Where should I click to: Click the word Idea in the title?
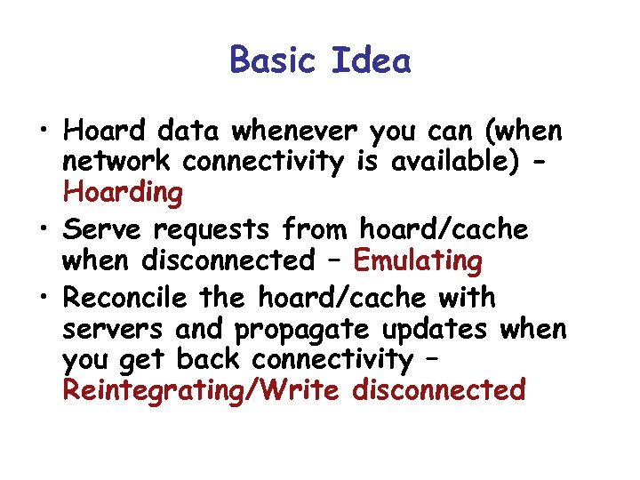pos(372,60)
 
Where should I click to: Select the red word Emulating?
pos(418,261)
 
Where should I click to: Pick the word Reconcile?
pos(125,296)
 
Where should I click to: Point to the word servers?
pos(113,329)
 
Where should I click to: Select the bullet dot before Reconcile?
pos(43,298)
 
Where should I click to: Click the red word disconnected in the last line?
pos(438,389)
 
